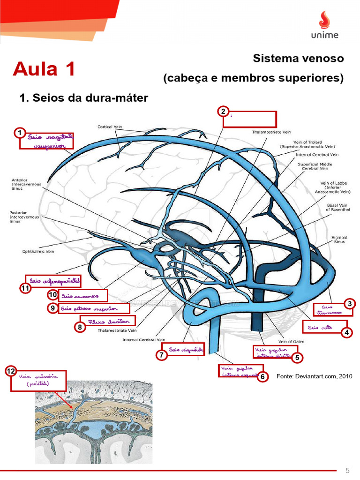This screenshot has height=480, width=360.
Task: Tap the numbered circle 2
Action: tap(223, 112)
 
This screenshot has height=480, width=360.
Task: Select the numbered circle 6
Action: tap(263, 376)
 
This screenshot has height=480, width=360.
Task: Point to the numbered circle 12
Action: tap(11, 372)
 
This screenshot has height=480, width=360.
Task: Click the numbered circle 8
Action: tap(80, 327)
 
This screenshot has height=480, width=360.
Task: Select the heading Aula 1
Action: tap(44, 69)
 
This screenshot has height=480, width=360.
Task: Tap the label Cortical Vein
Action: tap(110, 127)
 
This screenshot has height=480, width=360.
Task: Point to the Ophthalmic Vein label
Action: tap(38, 251)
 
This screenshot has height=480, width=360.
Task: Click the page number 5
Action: tap(348, 470)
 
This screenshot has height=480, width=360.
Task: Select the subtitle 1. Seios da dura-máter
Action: tap(83, 98)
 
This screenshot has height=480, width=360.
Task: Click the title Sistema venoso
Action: tap(298, 59)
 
